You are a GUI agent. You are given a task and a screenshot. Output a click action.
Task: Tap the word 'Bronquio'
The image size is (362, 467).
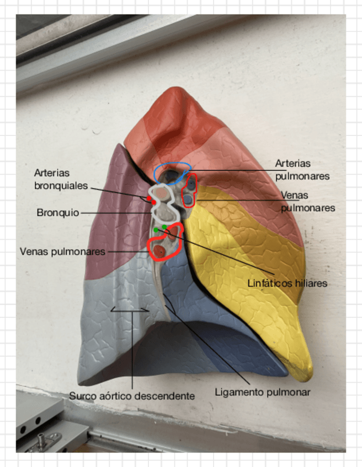[58, 212]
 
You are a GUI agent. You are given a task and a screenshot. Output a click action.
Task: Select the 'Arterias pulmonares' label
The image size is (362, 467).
[302, 170]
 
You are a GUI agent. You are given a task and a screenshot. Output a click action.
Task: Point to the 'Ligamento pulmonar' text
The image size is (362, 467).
[262, 393]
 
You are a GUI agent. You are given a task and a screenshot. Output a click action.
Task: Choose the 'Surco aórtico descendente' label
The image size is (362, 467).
[132, 396]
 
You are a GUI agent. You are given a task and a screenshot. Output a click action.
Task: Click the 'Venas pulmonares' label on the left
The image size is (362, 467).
[62, 251]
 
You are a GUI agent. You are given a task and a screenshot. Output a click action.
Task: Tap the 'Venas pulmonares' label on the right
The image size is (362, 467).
[308, 202]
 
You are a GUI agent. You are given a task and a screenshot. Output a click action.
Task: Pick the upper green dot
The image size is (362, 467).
[164, 227]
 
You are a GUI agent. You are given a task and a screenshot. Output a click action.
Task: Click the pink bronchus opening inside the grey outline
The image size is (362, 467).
[162, 193]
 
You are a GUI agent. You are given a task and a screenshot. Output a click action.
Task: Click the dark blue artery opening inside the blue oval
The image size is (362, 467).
[172, 176]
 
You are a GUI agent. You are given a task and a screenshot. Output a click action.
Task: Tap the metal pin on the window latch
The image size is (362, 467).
[42, 439]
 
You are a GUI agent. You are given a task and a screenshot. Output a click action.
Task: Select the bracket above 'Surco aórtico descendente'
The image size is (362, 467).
[130, 309]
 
